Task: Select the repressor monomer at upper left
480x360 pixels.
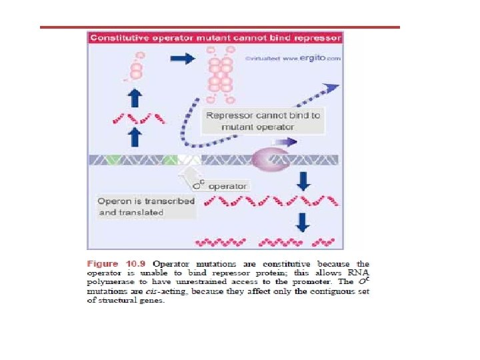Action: pos(137,67)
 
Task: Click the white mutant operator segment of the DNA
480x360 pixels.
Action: pos(189,160)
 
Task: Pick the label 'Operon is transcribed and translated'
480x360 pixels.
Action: pos(146,206)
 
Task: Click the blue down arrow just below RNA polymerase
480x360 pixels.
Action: pos(303,181)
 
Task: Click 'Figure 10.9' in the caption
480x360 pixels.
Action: pos(115,264)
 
